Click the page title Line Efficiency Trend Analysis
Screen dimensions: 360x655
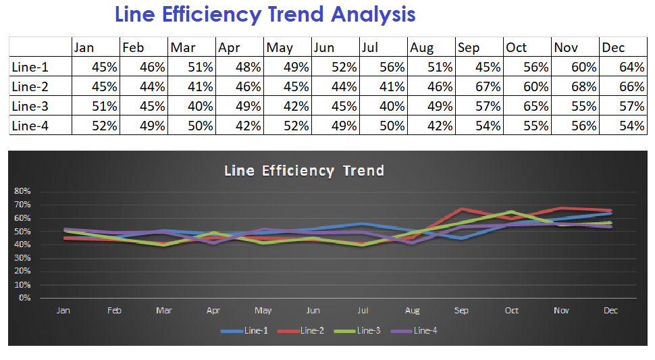pos(265,14)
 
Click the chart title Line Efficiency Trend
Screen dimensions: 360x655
pos(304,171)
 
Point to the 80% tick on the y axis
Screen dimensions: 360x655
pos(22,191)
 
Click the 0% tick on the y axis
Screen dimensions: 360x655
pos(24,298)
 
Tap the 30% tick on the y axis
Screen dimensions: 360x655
pos(22,258)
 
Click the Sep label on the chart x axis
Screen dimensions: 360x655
pos(462,311)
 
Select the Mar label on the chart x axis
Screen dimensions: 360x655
pos(164,311)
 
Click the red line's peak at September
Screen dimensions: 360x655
pos(462,209)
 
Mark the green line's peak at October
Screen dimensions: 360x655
pos(512,211)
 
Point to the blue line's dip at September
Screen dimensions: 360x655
pos(462,238)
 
